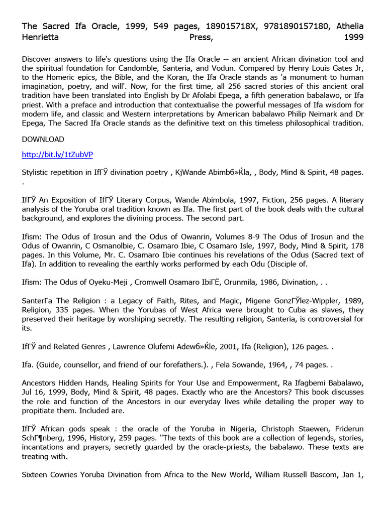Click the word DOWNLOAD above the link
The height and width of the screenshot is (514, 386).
point(43,139)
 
